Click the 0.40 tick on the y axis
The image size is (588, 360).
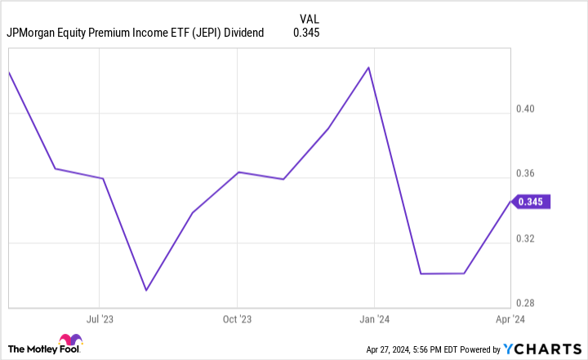coord(535,109)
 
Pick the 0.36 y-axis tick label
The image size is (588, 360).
coord(535,174)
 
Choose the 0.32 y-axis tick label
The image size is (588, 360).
coord(535,239)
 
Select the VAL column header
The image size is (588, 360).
coord(309,16)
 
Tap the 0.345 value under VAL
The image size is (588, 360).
coord(307,33)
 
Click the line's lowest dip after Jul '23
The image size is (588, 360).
coord(145,290)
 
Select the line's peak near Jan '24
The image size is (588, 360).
coord(369,67)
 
